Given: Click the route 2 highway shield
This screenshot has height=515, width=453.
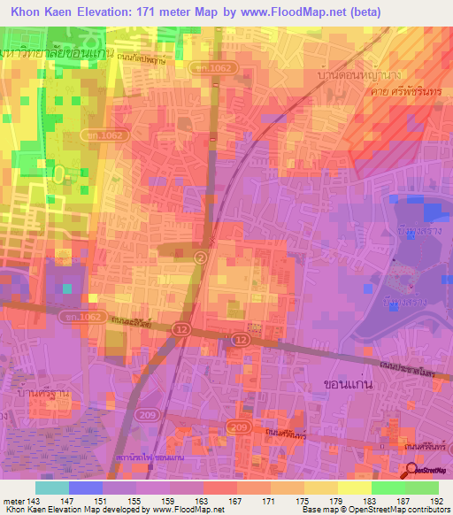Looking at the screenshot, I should (x=201, y=257).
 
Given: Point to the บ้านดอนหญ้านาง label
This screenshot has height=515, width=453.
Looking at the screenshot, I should (x=352, y=78).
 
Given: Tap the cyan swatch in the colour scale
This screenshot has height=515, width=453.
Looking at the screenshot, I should (x=52, y=488).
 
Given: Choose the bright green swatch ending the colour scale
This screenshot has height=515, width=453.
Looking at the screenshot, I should (x=422, y=488).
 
